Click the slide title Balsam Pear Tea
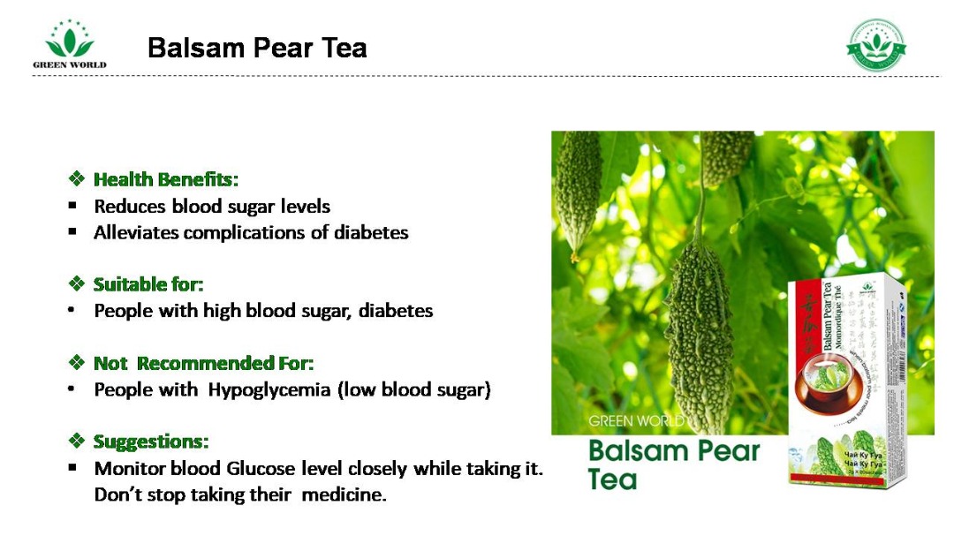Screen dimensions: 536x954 pos(257,48)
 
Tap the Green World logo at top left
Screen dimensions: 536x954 pos(69,44)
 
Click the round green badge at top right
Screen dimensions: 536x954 pos(876,44)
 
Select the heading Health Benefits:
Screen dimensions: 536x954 pos(166,179)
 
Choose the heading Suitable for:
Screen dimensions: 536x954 pos(148,284)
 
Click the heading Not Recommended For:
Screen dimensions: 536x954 pos(203,363)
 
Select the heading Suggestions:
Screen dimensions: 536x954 pos(151,442)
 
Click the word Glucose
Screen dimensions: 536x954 pos(261,468)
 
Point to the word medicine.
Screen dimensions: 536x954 pos(344,494)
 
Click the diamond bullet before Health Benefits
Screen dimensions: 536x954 pos(76,179)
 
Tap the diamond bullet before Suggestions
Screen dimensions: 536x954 pos(76,442)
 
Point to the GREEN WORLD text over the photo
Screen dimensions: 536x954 pos(636,420)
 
